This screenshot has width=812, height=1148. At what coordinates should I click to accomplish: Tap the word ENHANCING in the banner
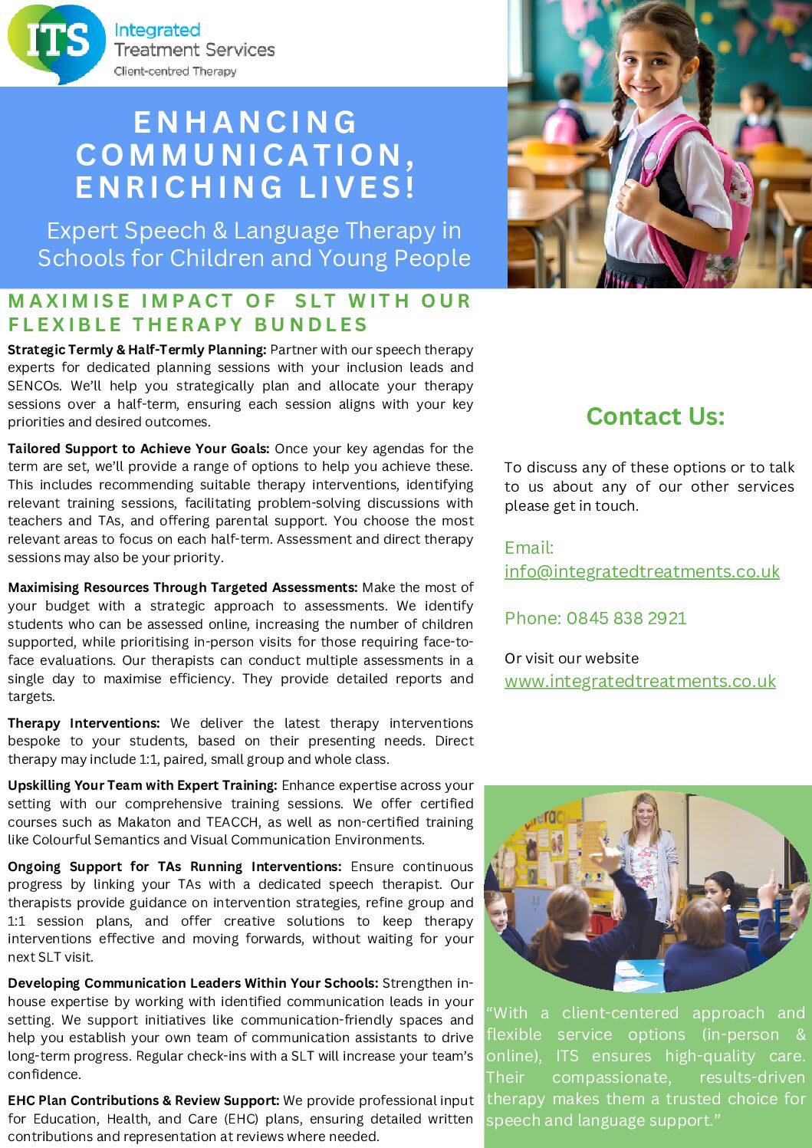[x=245, y=123]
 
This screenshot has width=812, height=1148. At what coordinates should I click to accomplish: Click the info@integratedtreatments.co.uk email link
[x=642, y=572]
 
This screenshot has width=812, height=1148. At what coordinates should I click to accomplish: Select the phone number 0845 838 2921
[x=626, y=618]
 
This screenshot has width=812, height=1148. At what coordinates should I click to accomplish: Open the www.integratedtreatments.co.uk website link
[x=640, y=682]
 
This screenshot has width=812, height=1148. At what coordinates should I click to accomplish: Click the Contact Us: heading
[x=655, y=416]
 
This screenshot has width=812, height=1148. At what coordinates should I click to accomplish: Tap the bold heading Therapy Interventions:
[x=84, y=723]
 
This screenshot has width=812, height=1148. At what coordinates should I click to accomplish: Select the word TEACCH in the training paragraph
[x=228, y=822]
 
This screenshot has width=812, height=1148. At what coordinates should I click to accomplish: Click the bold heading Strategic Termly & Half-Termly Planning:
[x=137, y=350]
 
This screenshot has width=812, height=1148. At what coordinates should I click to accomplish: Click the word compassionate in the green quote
[x=611, y=1077]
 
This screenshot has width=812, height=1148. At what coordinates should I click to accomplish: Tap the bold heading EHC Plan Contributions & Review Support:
[x=143, y=1100]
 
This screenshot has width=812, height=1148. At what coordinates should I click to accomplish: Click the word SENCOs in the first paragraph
[x=35, y=386]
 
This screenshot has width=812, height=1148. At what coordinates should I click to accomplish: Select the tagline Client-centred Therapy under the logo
[x=175, y=71]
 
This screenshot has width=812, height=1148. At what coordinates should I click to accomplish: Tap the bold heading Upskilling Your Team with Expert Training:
[x=143, y=785]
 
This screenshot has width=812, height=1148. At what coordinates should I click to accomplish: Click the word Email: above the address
[x=529, y=548]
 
